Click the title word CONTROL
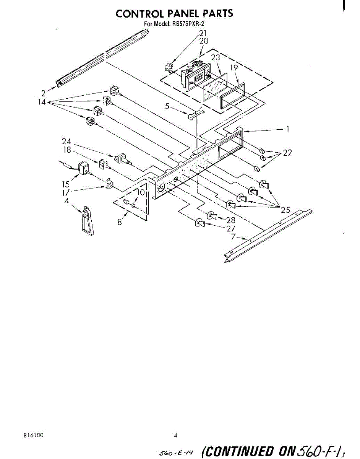[139, 14]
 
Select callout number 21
[203, 33]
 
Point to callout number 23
[216, 58]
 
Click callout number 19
[234, 68]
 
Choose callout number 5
[167, 106]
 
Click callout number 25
[285, 209]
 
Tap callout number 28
[231, 220]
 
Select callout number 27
[230, 228]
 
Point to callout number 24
[66, 142]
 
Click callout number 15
[66, 184]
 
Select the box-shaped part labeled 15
[83, 168]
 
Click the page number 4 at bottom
[175, 435]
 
